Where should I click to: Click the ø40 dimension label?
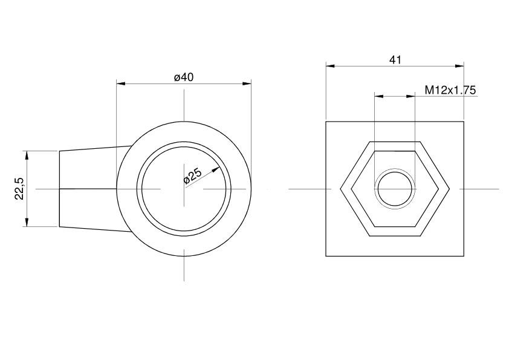pyautogui.click(x=184, y=77)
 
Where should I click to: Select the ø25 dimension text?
pyautogui.click(x=192, y=176)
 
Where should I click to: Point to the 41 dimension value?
pyautogui.click(x=395, y=60)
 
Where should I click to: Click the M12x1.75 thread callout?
pyautogui.click(x=450, y=90)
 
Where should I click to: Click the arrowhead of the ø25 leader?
pyautogui.click(x=216, y=169)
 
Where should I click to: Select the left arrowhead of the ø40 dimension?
pyautogui.click(x=121, y=84)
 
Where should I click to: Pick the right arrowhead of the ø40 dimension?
pyautogui.click(x=247, y=84)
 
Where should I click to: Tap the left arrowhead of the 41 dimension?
pyautogui.click(x=330, y=66)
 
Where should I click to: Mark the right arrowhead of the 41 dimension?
pyautogui.click(x=459, y=66)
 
